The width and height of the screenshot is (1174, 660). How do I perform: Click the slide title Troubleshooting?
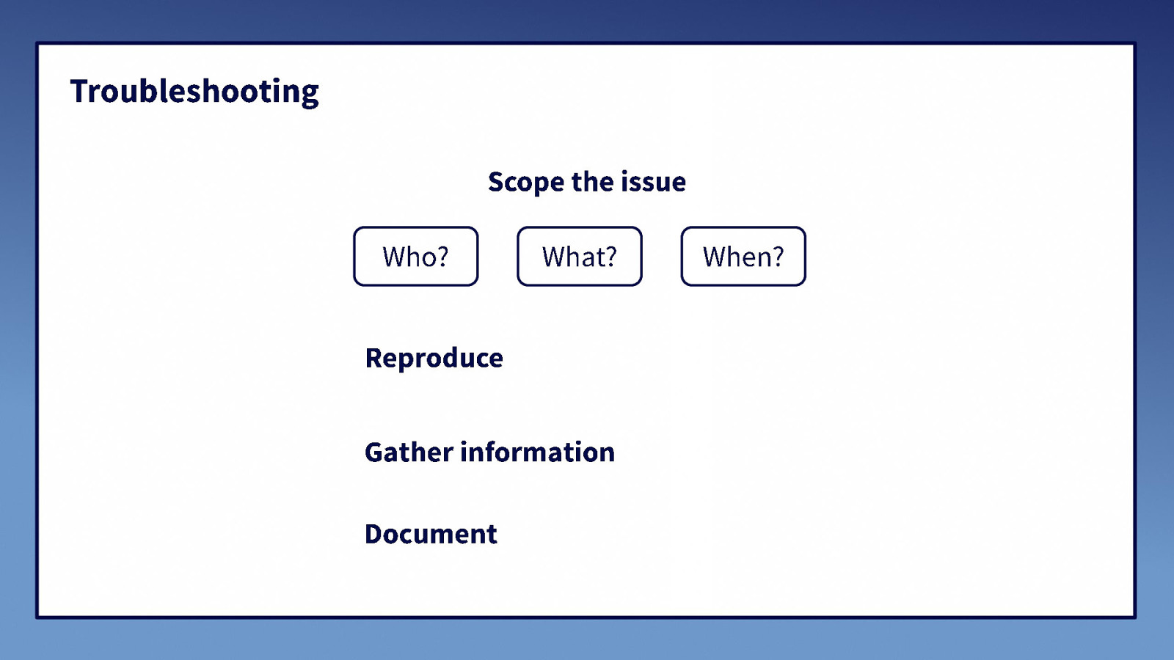(x=194, y=92)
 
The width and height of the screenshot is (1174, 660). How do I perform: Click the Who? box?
(x=415, y=256)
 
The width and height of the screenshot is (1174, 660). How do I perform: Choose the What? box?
(x=579, y=256)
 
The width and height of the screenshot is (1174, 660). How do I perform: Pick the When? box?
(x=743, y=256)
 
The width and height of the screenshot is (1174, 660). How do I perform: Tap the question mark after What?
(x=610, y=256)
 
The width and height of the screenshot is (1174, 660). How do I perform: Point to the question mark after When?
(x=777, y=256)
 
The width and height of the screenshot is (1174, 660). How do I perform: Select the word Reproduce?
(x=434, y=358)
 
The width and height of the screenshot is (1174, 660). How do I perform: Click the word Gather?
(x=409, y=452)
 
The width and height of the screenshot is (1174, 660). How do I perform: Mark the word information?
(x=537, y=452)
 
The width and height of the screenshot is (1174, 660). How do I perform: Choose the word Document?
(x=431, y=534)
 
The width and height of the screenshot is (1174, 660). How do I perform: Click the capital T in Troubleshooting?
(x=80, y=92)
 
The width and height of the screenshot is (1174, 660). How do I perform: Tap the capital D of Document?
(x=375, y=534)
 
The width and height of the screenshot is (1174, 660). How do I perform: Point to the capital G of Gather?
(x=375, y=452)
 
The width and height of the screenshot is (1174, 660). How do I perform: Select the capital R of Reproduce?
(x=374, y=358)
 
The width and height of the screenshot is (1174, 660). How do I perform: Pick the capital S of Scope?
(x=497, y=182)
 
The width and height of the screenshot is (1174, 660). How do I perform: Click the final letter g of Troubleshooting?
(x=310, y=95)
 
